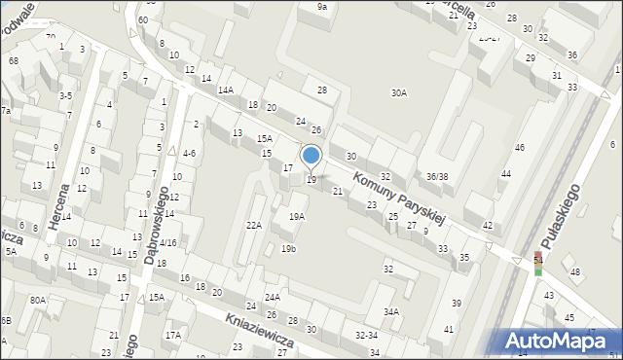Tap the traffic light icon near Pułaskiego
pyautogui.click(x=537, y=264)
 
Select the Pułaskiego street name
pyautogui.click(x=563, y=216)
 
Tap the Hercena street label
pyautogui.click(x=62, y=204)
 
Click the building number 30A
pyautogui.click(x=398, y=93)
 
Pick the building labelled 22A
pyautogui.click(x=253, y=225)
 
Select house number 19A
pyautogui.click(x=296, y=217)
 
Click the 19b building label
pyautogui.click(x=288, y=249)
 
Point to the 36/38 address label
pyautogui.click(x=437, y=176)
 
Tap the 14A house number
pyautogui.click(x=225, y=90)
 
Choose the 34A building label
pyautogui.click(x=391, y=312)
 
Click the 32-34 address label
pyautogui.click(x=366, y=334)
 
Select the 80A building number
pyautogui.click(x=37, y=300)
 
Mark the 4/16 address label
pyautogui.click(x=167, y=242)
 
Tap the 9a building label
pyautogui.click(x=321, y=7)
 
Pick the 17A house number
pyautogui.click(x=172, y=335)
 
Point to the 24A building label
pyautogui.click(x=273, y=297)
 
